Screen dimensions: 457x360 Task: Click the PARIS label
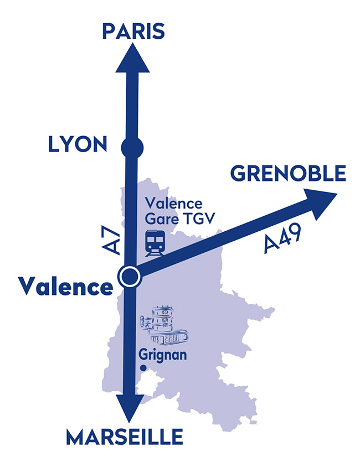[133, 30]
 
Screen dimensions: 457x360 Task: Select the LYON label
[78, 145]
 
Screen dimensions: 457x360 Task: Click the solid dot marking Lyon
[132, 148]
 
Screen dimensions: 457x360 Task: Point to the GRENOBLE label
[288, 174]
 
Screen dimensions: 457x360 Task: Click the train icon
[155, 244]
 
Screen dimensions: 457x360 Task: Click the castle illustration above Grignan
[163, 326]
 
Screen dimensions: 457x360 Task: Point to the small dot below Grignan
[143, 368]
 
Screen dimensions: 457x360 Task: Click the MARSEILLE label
[124, 438]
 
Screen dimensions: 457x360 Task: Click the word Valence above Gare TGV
[173, 204]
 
